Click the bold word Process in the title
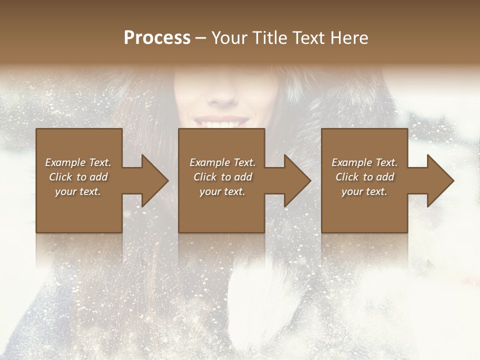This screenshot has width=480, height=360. [157, 38]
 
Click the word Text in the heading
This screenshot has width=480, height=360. [308, 38]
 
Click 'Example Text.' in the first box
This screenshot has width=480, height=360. [78, 162]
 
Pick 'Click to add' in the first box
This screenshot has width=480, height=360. [78, 177]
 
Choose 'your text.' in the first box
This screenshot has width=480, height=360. [78, 191]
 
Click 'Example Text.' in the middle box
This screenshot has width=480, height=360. [222, 162]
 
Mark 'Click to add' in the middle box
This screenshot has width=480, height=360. [222, 177]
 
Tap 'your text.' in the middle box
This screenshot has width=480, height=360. [222, 191]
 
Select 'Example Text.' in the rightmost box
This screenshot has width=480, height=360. [364, 162]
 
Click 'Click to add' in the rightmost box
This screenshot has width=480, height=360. [364, 177]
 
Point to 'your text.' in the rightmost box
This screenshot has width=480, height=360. [364, 191]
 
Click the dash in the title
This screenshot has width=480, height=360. [200, 38]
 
